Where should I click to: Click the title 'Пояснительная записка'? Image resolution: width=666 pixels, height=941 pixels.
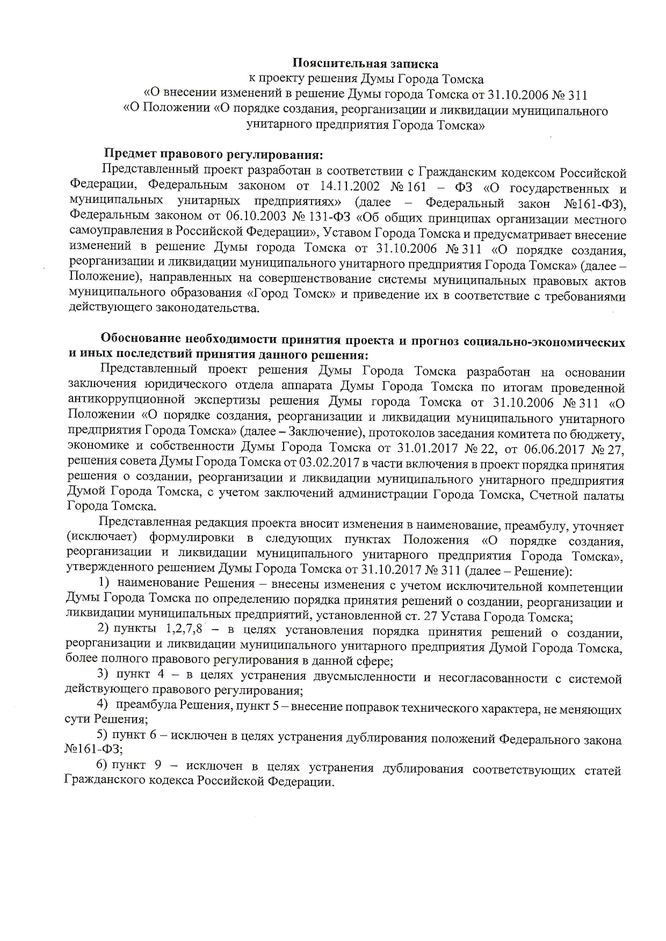365,64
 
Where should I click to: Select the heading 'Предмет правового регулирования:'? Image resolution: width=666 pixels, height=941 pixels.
213,155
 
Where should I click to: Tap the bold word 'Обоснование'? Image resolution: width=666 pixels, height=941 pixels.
140,340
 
